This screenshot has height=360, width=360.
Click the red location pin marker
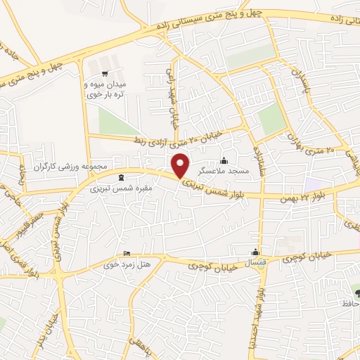tap(181, 165)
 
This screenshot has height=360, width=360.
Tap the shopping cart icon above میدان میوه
tap(105, 73)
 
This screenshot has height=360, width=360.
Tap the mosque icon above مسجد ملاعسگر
tap(224, 160)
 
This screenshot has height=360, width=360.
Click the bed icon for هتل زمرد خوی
tap(127, 254)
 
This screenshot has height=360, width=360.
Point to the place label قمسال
tap(255, 262)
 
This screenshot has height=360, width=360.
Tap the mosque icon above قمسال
tap(255, 252)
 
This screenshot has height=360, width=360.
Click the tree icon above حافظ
tap(356, 292)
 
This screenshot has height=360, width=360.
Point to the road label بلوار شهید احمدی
tap(259, 299)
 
